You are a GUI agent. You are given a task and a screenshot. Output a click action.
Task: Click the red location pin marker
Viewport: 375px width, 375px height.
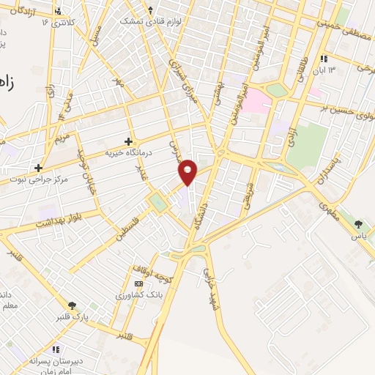pos(188,171)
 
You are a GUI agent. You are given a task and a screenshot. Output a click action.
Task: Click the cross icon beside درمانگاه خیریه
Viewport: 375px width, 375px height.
pos(129,141)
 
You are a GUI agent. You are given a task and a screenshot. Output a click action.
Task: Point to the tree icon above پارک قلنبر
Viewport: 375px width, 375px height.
pos(72,305)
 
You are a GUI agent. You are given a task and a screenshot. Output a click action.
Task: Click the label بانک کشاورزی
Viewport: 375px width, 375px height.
pos(138,294)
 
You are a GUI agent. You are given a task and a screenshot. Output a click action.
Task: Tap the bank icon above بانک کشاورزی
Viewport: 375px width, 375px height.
pos(138,283)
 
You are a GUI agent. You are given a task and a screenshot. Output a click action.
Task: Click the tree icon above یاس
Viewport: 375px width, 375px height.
pos(358,225)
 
